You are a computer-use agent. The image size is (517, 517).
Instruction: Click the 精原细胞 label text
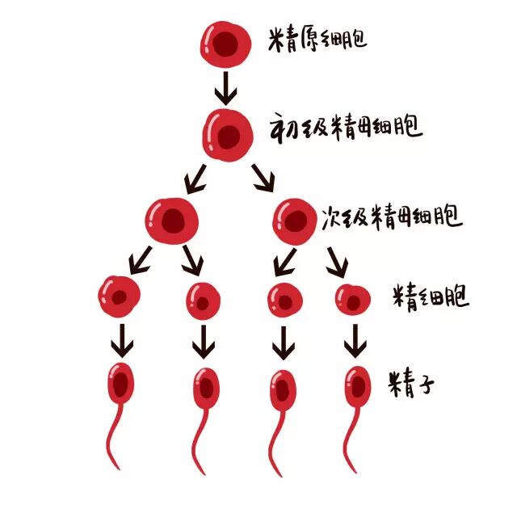tap(317, 39)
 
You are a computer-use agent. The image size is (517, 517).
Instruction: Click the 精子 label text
tap(412, 382)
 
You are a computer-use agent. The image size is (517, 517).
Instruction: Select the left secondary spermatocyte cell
tap(172, 220)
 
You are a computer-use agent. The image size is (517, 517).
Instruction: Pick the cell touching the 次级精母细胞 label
tap(292, 220)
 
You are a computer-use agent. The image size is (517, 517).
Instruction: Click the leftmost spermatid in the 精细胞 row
tap(120, 296)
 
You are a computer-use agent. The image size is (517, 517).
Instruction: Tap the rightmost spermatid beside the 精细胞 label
tap(353, 299)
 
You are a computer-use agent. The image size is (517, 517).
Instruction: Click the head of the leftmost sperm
tap(121, 383)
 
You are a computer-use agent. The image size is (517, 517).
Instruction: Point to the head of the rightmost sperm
tap(356, 386)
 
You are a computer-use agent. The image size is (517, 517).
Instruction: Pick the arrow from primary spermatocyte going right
tap(264, 177)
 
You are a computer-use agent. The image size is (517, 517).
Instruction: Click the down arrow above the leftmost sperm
tap(122, 341)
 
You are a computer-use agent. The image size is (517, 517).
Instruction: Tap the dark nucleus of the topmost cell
tap(227, 44)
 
